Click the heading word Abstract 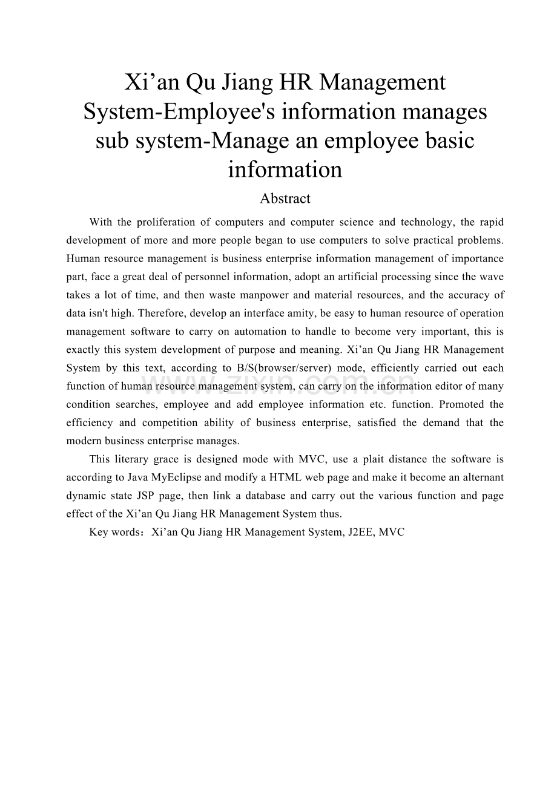click(285, 199)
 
